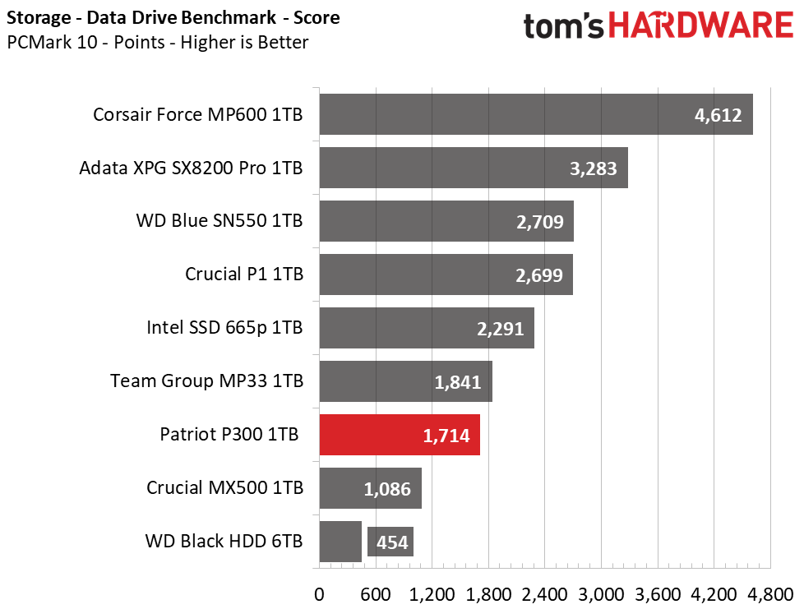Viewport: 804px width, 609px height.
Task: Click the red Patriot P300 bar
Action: click(x=400, y=435)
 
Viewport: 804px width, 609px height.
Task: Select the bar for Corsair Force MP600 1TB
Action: click(x=536, y=114)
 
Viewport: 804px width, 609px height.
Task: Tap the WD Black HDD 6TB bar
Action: click(x=340, y=542)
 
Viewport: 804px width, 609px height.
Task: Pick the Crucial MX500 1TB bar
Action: click(x=370, y=488)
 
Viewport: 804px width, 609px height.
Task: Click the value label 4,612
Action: click(x=718, y=115)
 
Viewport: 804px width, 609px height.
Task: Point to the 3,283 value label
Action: click(x=594, y=168)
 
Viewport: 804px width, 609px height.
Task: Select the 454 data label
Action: click(x=392, y=542)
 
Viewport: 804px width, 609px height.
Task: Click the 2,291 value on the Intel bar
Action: click(x=501, y=329)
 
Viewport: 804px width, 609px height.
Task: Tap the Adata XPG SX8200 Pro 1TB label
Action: click(x=191, y=168)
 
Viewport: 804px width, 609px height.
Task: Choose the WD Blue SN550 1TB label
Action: click(x=219, y=221)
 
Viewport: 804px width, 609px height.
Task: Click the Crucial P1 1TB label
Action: click(x=244, y=275)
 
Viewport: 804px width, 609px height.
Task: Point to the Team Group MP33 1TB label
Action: click(x=206, y=381)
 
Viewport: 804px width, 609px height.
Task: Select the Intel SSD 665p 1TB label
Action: click(x=224, y=328)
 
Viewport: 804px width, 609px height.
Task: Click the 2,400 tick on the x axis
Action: click(x=544, y=595)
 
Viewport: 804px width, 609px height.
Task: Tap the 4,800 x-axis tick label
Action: click(x=770, y=595)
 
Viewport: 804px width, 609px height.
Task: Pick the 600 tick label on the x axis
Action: click(x=376, y=595)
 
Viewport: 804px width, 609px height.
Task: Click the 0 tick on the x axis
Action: click(x=319, y=595)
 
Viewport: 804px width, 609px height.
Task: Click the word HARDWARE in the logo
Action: click(x=700, y=25)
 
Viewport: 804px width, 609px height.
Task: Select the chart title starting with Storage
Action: click(x=173, y=18)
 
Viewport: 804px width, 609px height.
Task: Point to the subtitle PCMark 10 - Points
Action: click(x=86, y=42)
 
